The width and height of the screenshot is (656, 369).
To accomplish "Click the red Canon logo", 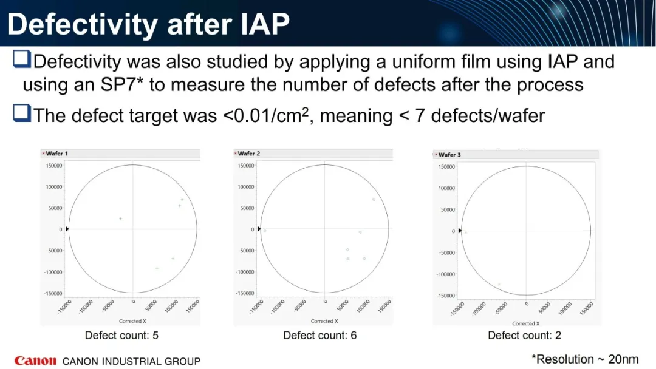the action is coord(35,361).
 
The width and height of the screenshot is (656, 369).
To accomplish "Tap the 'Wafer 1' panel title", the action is coord(56,154).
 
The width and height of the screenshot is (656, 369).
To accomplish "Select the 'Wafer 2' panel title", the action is coord(249,154).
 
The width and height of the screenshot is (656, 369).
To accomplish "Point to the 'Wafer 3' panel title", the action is coord(449,155).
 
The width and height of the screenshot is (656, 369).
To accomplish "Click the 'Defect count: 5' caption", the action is coord(121,335).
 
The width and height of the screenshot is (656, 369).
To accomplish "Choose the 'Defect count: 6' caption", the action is coord(320,335).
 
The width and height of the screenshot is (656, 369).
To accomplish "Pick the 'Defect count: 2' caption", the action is coord(524,335).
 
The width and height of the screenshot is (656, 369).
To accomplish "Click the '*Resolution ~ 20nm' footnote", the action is coord(585,359).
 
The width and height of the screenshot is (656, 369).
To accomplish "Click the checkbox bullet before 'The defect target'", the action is coord(22,113).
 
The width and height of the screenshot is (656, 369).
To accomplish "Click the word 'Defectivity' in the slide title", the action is coord(83,24).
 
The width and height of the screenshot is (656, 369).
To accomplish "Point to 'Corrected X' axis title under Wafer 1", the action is coord(132,321).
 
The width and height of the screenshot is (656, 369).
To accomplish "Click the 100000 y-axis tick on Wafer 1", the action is coord(54,187).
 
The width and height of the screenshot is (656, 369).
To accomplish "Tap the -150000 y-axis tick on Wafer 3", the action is coord(446,296).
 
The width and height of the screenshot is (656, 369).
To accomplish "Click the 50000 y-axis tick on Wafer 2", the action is coord(247,208).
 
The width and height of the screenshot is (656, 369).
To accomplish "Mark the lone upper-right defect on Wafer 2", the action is coord(374,199).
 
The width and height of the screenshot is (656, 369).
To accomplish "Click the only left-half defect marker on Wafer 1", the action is coord(120,218).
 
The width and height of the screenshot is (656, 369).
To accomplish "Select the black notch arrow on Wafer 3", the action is coord(460,231).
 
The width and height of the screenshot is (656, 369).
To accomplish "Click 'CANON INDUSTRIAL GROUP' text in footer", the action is coord(131,361).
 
